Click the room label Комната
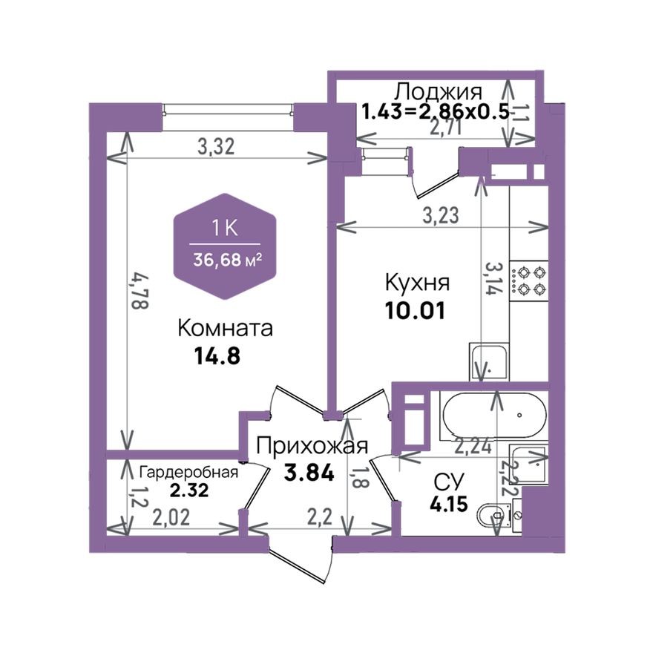226,328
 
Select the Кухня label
417,283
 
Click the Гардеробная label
188,473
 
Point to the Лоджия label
438,92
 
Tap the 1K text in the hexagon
225,229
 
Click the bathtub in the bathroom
493,416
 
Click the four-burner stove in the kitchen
530,280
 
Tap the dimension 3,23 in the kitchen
440,216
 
